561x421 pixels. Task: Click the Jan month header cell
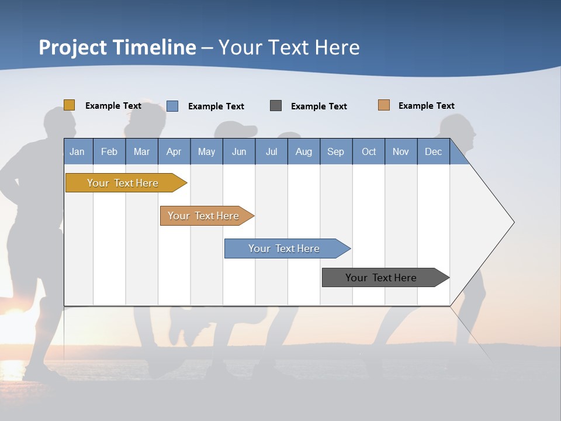pyautogui.click(x=78, y=151)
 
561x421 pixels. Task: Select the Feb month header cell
pyautogui.click(x=109, y=151)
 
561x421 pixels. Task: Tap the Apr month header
pyautogui.click(x=174, y=151)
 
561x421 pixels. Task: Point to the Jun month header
pyautogui.click(x=239, y=151)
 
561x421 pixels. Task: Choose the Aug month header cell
pyautogui.click(x=304, y=151)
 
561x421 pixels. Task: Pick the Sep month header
pyautogui.click(x=336, y=151)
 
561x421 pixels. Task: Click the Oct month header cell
pyautogui.click(x=369, y=151)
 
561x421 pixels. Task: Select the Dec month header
pyautogui.click(x=434, y=151)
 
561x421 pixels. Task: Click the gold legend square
pyautogui.click(x=70, y=105)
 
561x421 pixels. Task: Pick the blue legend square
pyautogui.click(x=172, y=106)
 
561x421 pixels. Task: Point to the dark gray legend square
pyautogui.click(x=276, y=106)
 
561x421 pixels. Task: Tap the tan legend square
pyautogui.click(x=384, y=105)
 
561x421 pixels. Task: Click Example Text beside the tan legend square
pyautogui.click(x=426, y=106)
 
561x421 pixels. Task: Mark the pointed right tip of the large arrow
pyautogui.click(x=513, y=222)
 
